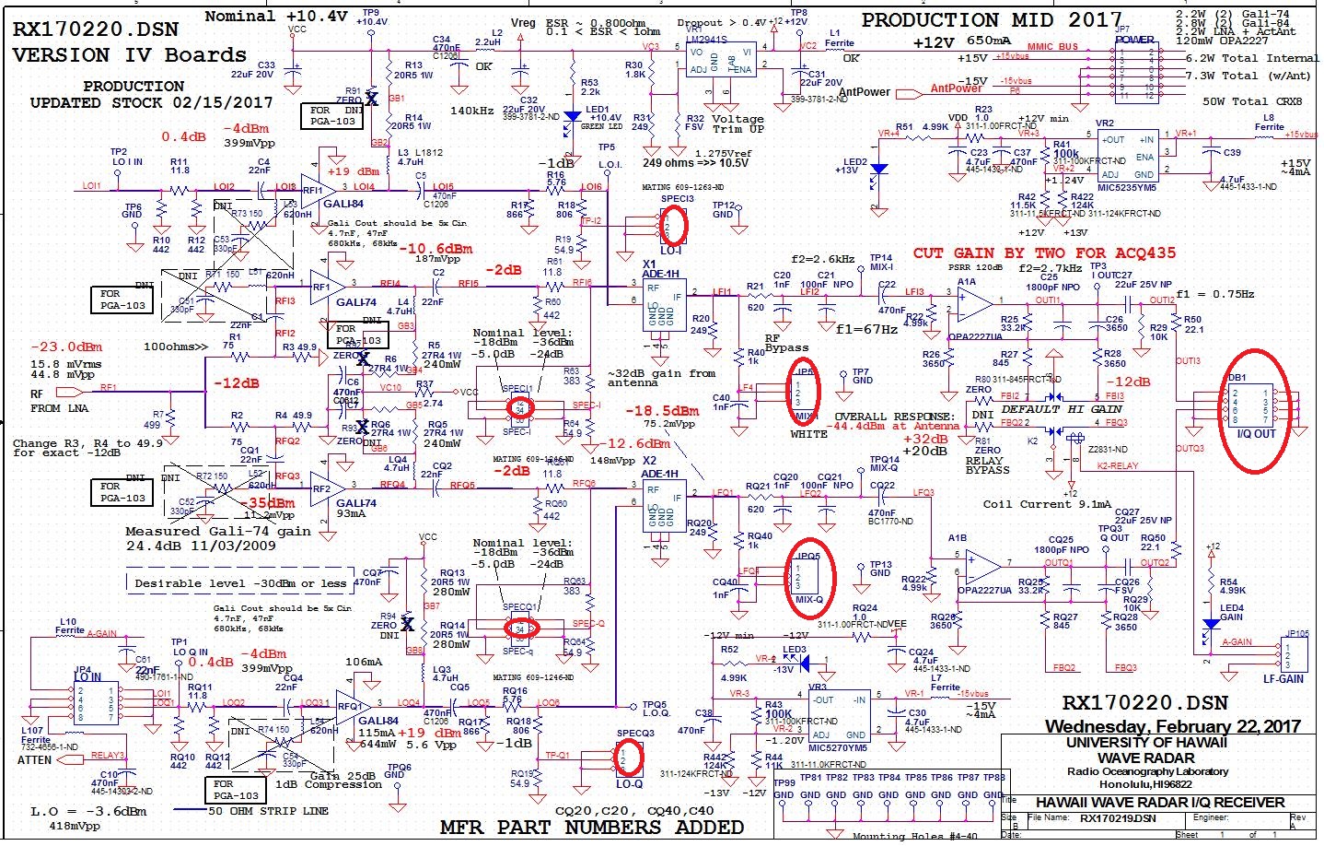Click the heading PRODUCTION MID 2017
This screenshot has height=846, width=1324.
point(991,19)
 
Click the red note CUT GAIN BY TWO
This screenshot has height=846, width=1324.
point(1043,253)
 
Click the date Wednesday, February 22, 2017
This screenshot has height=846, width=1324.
point(1172,726)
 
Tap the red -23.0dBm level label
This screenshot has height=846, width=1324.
point(66,347)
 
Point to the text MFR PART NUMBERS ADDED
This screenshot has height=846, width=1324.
point(591,827)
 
